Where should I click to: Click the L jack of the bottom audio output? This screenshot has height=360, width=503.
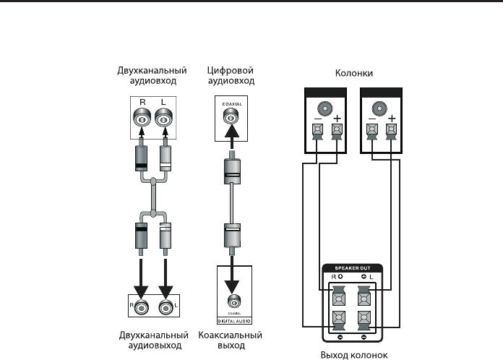click(165, 307)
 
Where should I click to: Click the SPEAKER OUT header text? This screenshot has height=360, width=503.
click(352, 267)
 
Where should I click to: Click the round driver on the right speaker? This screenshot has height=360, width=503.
click(381, 108)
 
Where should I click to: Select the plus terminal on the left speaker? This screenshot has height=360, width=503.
click(335, 131)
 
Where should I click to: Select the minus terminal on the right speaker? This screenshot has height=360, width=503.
click(371, 131)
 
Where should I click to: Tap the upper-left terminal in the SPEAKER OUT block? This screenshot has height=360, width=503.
click(338, 296)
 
